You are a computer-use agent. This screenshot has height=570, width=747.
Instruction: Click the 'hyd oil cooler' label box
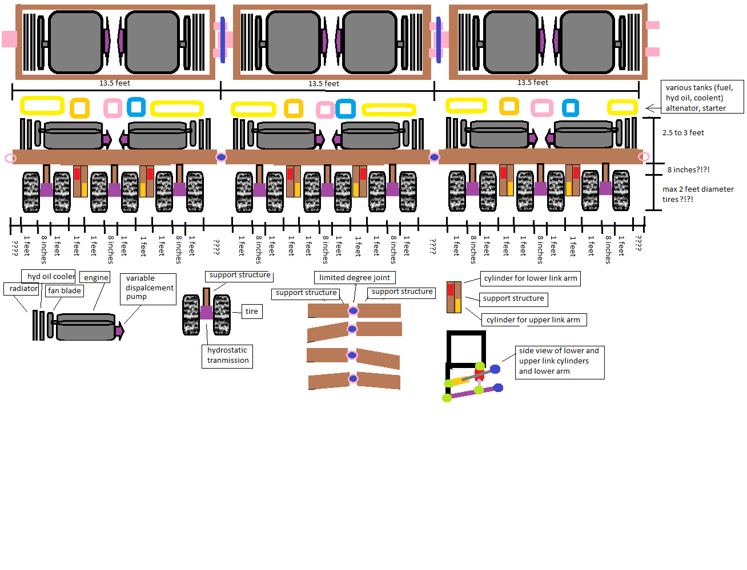click(x=50, y=276)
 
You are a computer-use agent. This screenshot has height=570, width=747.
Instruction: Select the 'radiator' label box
click(x=23, y=289)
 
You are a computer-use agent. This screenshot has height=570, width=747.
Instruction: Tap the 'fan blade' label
click(x=65, y=291)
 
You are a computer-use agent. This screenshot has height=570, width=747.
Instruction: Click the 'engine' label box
click(x=96, y=277)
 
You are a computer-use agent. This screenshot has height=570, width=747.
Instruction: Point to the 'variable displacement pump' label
click(x=148, y=288)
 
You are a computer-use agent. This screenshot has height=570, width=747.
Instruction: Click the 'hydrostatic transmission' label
click(x=227, y=355)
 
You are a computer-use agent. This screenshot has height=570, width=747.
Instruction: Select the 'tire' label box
click(x=252, y=312)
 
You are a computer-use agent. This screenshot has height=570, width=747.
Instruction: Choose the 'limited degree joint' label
click(x=354, y=278)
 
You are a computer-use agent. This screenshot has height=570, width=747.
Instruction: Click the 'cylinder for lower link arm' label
click(x=530, y=278)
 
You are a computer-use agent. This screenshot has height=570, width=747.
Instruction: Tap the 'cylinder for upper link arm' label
click(x=533, y=320)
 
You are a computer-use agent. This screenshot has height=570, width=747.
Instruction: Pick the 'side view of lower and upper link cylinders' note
click(x=559, y=361)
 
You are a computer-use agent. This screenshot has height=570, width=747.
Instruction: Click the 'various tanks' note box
click(x=702, y=98)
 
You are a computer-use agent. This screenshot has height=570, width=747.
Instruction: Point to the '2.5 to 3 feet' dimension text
click(x=683, y=133)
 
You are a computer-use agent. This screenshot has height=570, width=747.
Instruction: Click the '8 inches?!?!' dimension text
click(x=688, y=170)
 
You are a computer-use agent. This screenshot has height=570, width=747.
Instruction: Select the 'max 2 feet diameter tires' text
click(x=697, y=194)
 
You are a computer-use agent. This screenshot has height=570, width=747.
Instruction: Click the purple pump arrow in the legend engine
click(x=120, y=330)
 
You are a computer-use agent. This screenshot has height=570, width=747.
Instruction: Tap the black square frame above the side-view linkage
click(x=466, y=348)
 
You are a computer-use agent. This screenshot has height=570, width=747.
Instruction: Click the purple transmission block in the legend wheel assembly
click(x=206, y=313)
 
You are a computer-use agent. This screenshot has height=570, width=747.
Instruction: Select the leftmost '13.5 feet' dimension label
click(x=114, y=83)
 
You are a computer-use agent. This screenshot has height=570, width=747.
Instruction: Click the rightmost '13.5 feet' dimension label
click(x=532, y=83)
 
